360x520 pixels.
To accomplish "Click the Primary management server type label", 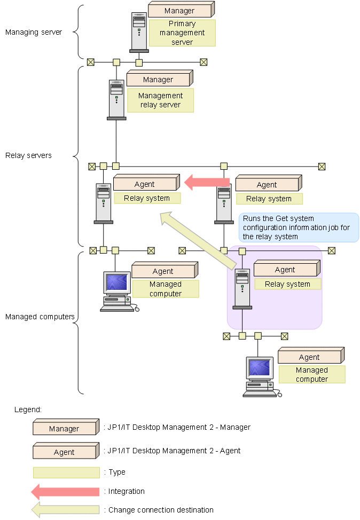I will (182, 33).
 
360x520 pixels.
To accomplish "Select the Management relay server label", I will (160, 100).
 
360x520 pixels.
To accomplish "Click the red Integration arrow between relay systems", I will (207, 183).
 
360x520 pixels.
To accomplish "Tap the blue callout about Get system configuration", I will (298, 227).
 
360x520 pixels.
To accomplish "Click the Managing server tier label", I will (34, 32).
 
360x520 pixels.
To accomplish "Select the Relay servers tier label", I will (28, 155).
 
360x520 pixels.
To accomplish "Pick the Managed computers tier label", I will (40, 317).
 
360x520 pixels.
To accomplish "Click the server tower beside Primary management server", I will (139, 31).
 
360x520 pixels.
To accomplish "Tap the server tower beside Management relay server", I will (116, 99).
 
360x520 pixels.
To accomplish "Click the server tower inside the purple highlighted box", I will (242, 289).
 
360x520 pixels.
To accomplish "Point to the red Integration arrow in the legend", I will (65, 491).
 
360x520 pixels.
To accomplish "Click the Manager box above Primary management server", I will (180, 11).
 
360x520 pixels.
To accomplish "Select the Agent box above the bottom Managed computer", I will (310, 357).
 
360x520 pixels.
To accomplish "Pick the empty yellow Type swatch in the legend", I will (66, 472).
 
